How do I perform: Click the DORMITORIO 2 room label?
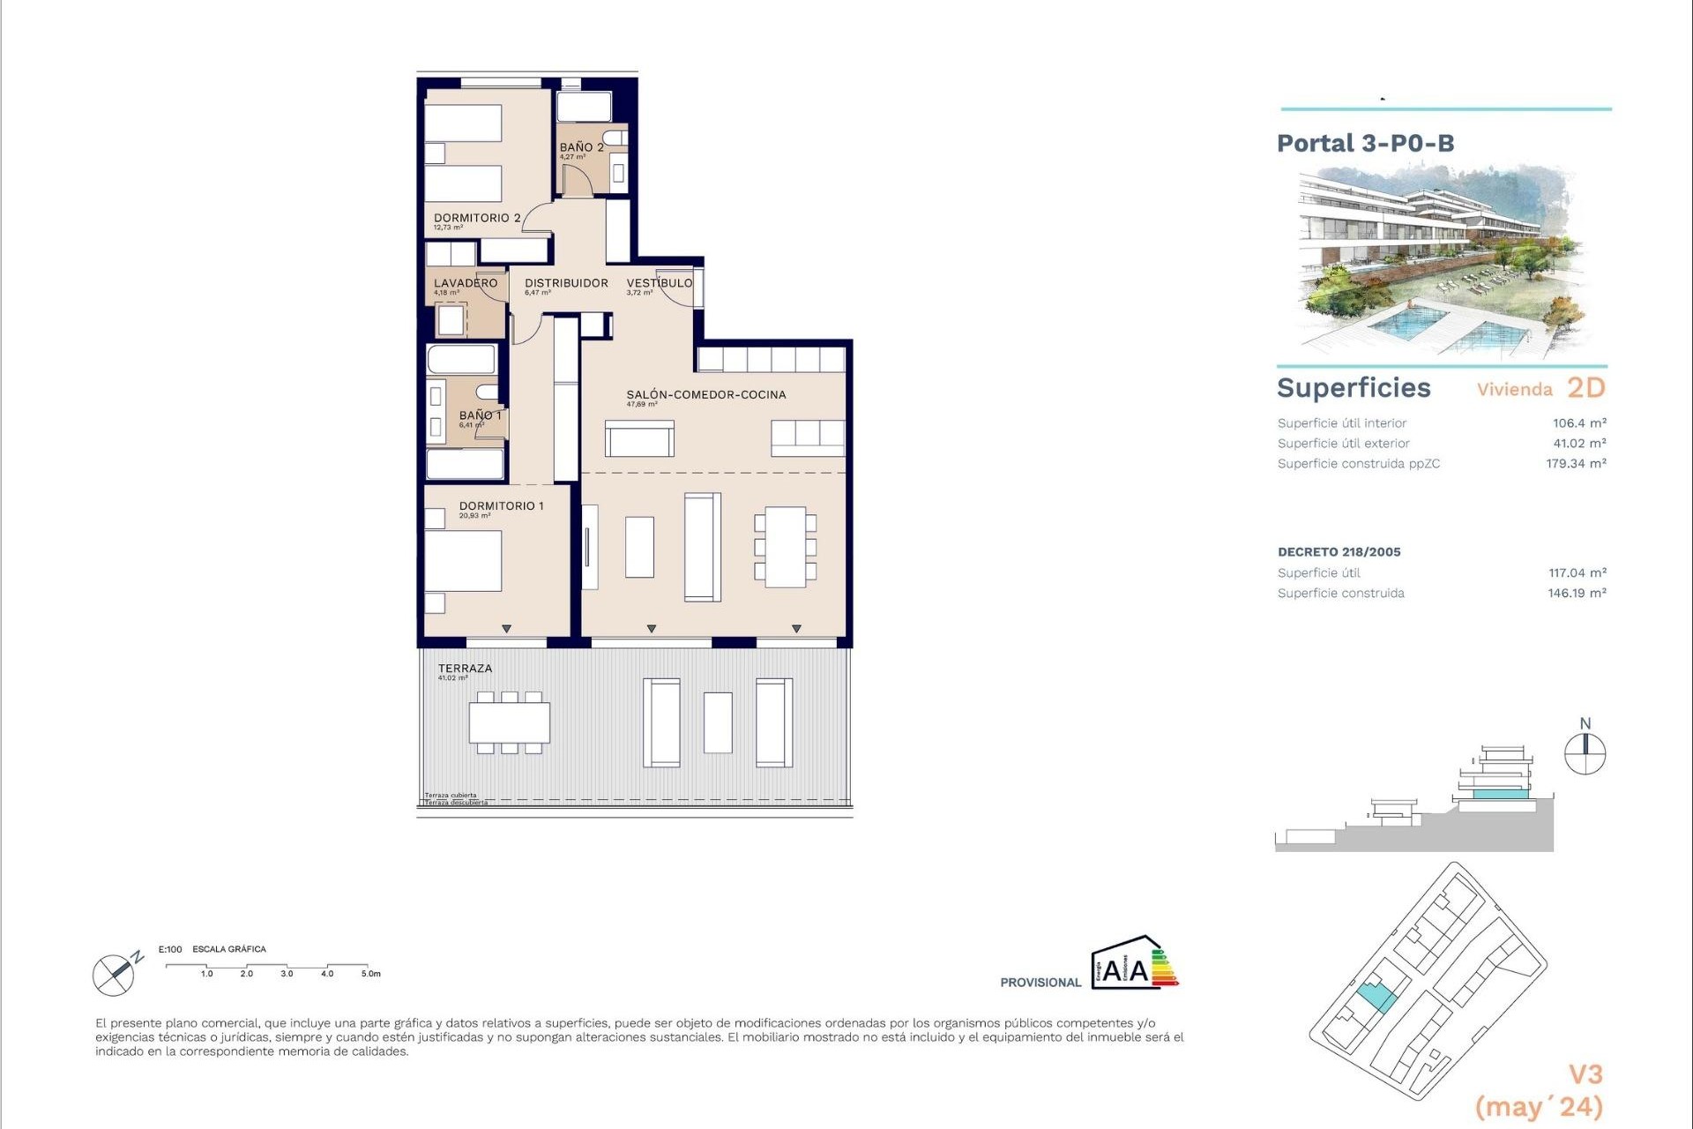tap(476, 218)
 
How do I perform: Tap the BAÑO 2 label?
tap(581, 147)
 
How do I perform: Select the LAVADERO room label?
tap(465, 283)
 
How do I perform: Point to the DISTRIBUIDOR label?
tap(566, 283)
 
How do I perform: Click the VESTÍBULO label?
tap(659, 283)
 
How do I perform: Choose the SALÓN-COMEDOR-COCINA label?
tap(705, 395)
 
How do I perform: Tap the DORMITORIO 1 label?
tap(501, 506)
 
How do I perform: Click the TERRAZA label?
tap(465, 669)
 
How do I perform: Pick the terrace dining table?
tap(509, 722)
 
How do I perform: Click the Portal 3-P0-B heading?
tap(1365, 144)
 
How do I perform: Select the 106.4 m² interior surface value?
tap(1578, 423)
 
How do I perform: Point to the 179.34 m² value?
tap(1575, 464)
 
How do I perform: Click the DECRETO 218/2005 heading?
tap(1339, 552)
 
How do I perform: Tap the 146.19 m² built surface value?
tap(1576, 594)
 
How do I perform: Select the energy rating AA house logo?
tap(1133, 963)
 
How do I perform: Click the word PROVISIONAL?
tap(1040, 983)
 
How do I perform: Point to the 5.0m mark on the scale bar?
tap(370, 974)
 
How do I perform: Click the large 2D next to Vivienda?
tap(1585, 388)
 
